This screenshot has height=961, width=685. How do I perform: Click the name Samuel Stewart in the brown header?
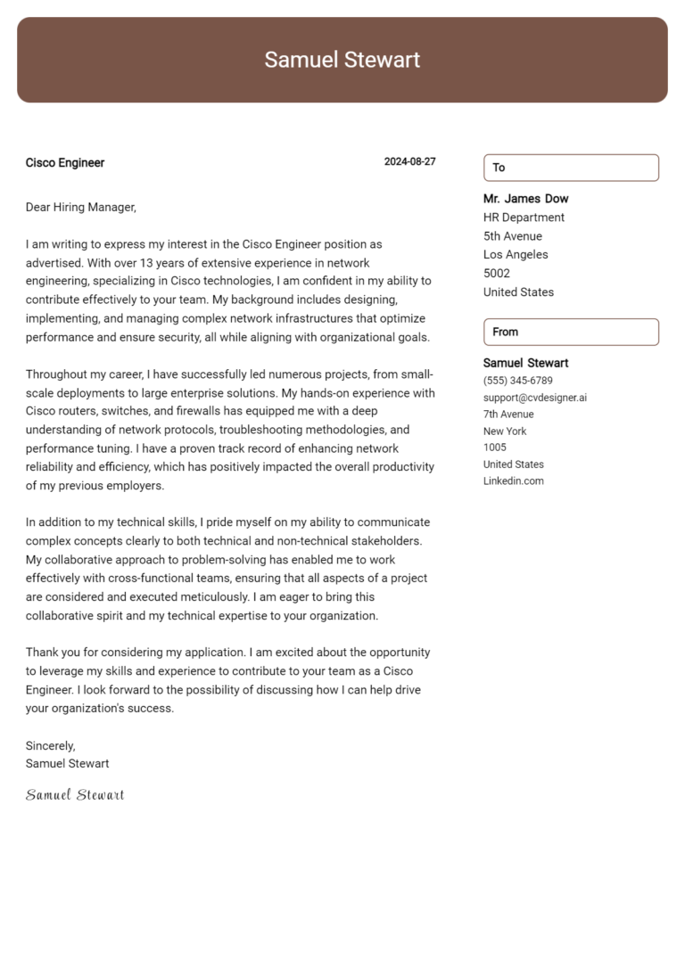tap(342, 60)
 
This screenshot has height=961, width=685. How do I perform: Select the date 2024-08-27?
tap(409, 162)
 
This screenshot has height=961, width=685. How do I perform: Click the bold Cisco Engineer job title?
tap(65, 163)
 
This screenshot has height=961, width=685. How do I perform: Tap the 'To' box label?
tap(499, 168)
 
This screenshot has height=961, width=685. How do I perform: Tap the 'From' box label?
tap(505, 332)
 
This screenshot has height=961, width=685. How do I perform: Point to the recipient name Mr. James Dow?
tap(525, 199)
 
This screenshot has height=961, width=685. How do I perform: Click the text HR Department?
tap(524, 218)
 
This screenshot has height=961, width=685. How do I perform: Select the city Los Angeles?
tap(516, 255)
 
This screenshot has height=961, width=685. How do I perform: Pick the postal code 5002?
tap(497, 274)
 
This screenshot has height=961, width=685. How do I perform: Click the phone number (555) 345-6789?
tap(517, 381)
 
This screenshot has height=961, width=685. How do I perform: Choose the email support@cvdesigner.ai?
tap(535, 398)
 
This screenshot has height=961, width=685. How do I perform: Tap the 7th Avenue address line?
tap(508, 415)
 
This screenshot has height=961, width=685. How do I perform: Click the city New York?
tap(505, 431)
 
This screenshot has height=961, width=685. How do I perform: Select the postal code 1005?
tap(495, 448)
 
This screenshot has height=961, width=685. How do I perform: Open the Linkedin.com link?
tap(513, 481)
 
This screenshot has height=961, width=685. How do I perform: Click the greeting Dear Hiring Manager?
tap(80, 207)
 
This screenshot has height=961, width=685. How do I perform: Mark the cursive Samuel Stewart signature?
tap(75, 794)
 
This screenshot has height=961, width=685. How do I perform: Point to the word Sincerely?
tap(51, 745)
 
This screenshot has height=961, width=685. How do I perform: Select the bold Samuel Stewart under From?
tap(525, 363)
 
